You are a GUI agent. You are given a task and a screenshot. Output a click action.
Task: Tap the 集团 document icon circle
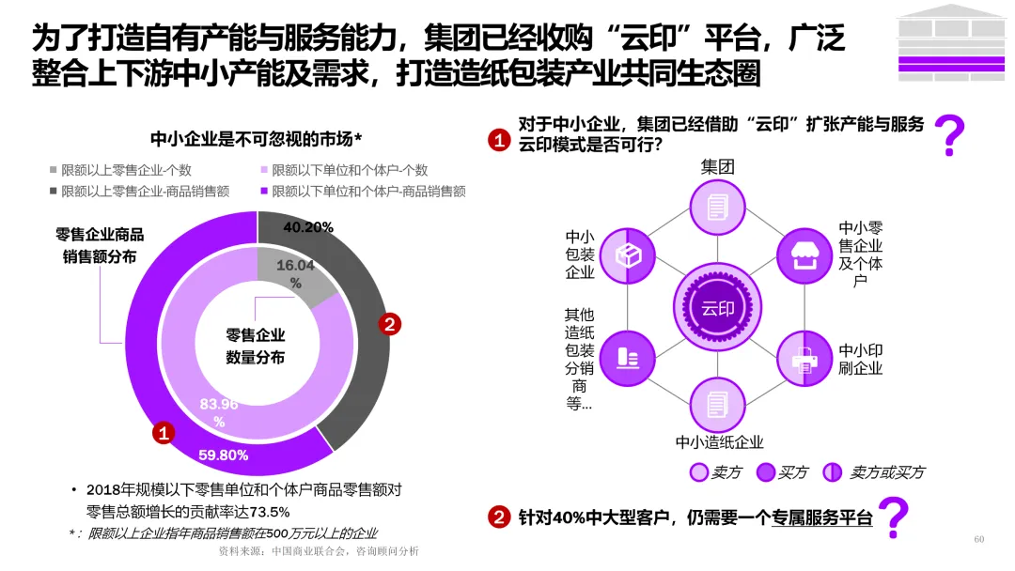point(717,208)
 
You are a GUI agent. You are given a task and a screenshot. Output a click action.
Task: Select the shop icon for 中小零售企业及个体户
point(804,255)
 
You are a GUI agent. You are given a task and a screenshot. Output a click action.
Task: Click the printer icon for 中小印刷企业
point(804,358)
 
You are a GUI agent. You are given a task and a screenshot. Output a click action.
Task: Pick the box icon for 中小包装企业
point(627,255)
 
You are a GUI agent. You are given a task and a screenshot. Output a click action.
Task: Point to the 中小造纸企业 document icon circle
point(717,405)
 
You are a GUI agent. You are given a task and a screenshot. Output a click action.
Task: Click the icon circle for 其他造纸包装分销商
point(627,358)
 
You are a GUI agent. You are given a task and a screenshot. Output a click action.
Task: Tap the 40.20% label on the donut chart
point(308,226)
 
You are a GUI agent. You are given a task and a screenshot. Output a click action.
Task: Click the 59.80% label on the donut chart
point(224,455)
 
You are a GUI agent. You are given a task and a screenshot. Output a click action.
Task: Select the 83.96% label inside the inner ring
point(219,412)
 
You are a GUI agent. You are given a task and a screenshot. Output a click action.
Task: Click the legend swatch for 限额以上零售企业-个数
point(54,170)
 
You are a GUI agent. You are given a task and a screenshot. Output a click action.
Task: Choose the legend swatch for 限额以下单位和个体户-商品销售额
point(264,192)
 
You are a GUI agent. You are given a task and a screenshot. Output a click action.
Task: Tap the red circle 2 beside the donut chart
point(389,325)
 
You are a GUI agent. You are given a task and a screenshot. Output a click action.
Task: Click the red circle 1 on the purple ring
point(164,433)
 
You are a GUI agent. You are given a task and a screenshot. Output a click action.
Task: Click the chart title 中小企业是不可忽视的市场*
point(257,140)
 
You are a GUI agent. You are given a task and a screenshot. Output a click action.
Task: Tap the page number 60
point(978,539)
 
